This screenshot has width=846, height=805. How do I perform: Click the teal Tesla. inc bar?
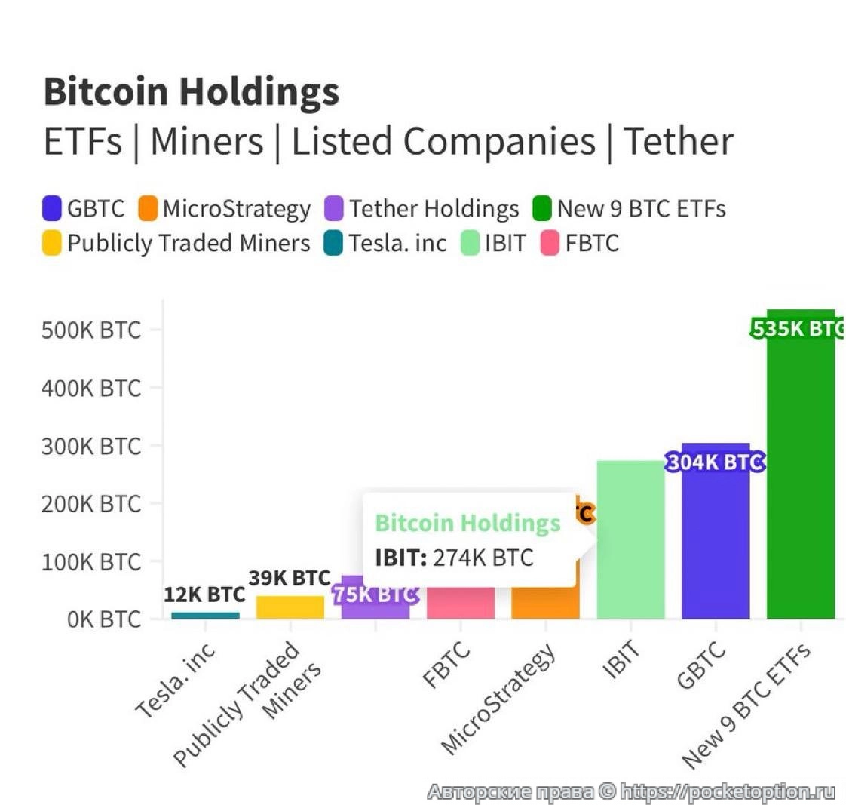(205, 615)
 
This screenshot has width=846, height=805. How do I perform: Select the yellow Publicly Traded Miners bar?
(290, 607)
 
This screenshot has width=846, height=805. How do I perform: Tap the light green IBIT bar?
(630, 539)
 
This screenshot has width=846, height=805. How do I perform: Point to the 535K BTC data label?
(798, 329)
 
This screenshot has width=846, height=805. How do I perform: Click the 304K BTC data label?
(715, 462)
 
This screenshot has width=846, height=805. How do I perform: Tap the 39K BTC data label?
(290, 579)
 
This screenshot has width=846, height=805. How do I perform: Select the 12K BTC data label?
(204, 595)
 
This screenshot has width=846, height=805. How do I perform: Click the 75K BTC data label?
(375, 595)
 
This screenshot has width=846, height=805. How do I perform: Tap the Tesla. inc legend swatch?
(333, 244)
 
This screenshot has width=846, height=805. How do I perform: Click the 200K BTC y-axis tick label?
(91, 504)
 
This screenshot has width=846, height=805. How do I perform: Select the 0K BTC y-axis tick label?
(103, 619)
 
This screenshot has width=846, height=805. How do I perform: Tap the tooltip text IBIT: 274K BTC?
(454, 558)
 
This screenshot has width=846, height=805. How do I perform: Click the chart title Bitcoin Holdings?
(192, 92)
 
